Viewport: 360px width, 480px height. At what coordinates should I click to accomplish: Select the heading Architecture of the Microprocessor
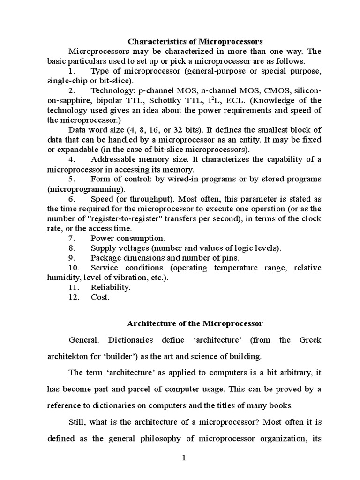pyautogui.click(x=195, y=323)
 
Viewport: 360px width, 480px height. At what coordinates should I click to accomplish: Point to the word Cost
pyautogui.click(x=99, y=297)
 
